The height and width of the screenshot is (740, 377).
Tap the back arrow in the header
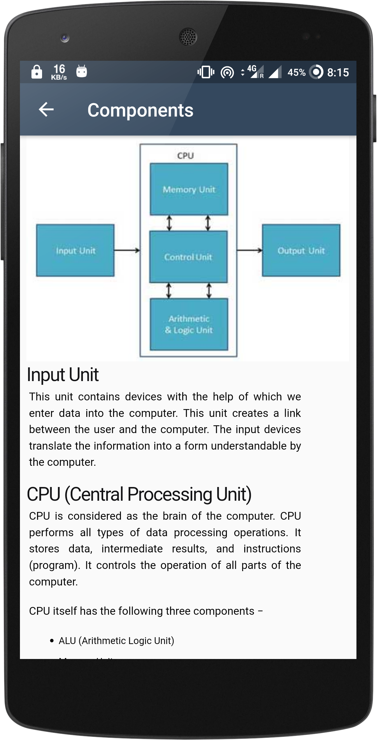tap(46, 110)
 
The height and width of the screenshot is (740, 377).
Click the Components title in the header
tap(140, 110)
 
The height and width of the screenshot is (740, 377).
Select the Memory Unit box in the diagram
tap(189, 189)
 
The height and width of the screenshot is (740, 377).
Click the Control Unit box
tap(188, 257)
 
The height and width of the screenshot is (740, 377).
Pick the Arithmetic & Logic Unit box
tap(189, 324)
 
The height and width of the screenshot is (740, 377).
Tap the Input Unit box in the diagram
tap(75, 251)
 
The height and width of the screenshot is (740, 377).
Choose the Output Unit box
tap(301, 251)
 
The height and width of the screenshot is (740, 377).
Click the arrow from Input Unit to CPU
tap(127, 250)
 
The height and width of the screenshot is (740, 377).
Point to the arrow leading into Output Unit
tap(249, 250)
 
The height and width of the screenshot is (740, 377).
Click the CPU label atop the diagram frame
tap(185, 155)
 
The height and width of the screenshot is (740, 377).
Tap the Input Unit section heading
tap(63, 375)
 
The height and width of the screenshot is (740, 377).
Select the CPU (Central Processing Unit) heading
tap(139, 494)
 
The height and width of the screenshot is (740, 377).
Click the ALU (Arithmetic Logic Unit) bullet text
tap(116, 641)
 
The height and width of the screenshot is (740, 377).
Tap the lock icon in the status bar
tap(37, 72)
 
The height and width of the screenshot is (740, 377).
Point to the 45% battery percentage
tap(296, 73)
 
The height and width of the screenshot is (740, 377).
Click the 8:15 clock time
tap(338, 73)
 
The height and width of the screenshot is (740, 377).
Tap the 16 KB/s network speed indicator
tap(59, 72)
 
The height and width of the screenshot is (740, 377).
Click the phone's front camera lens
tap(65, 38)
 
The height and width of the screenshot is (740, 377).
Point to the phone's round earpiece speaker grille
tap(188, 37)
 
